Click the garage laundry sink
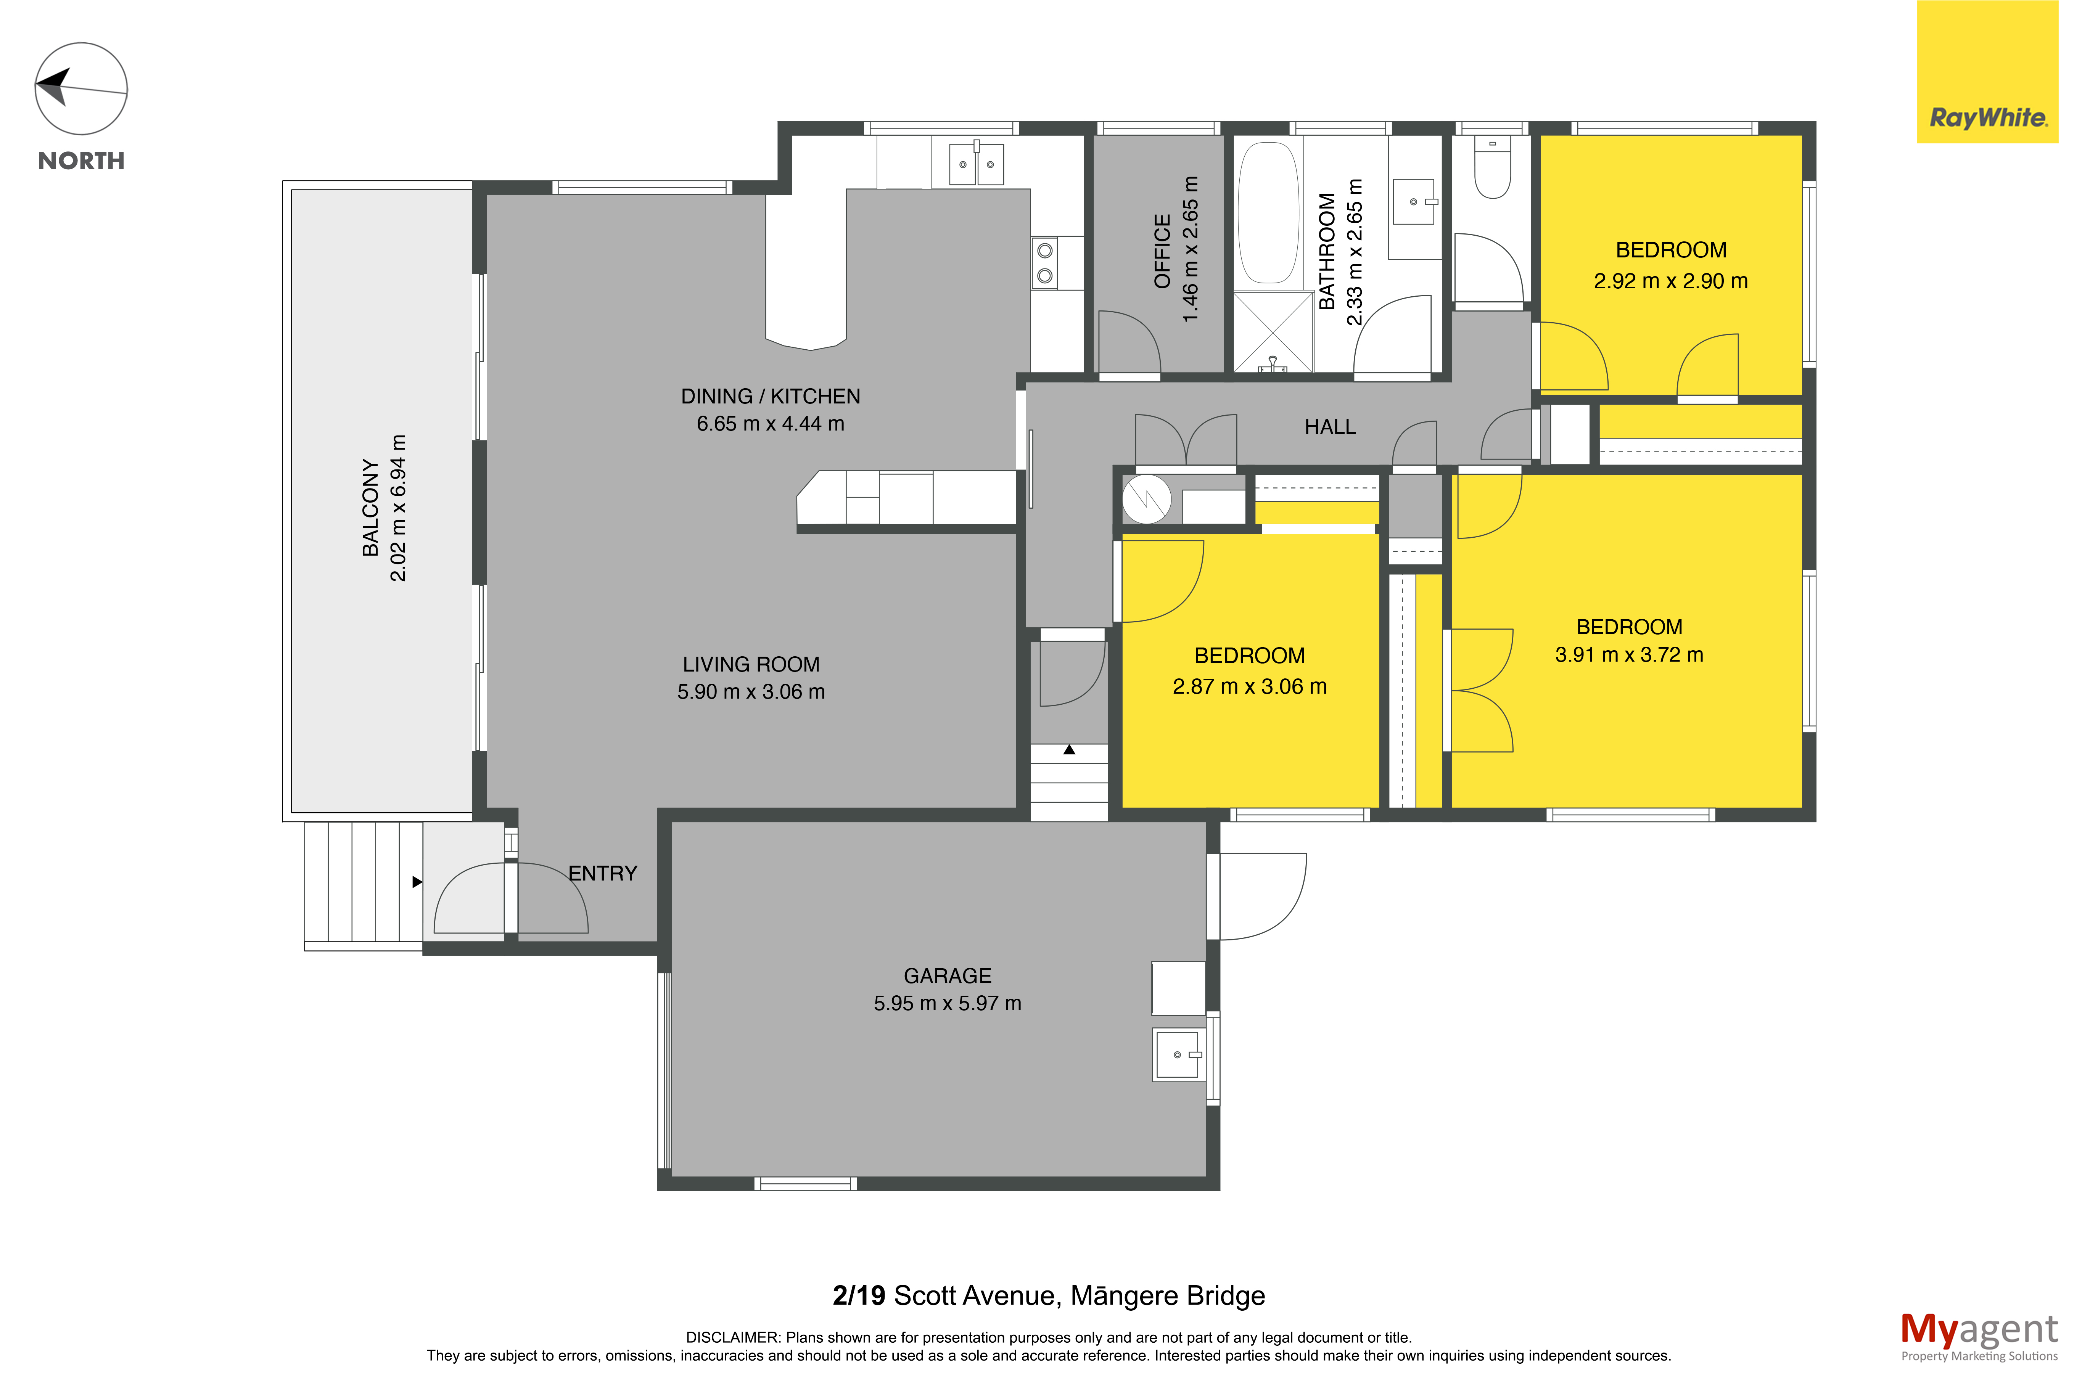click(1178, 1055)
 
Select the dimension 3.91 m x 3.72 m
click(1629, 654)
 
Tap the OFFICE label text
click(1162, 251)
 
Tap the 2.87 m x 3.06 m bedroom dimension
click(1249, 686)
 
